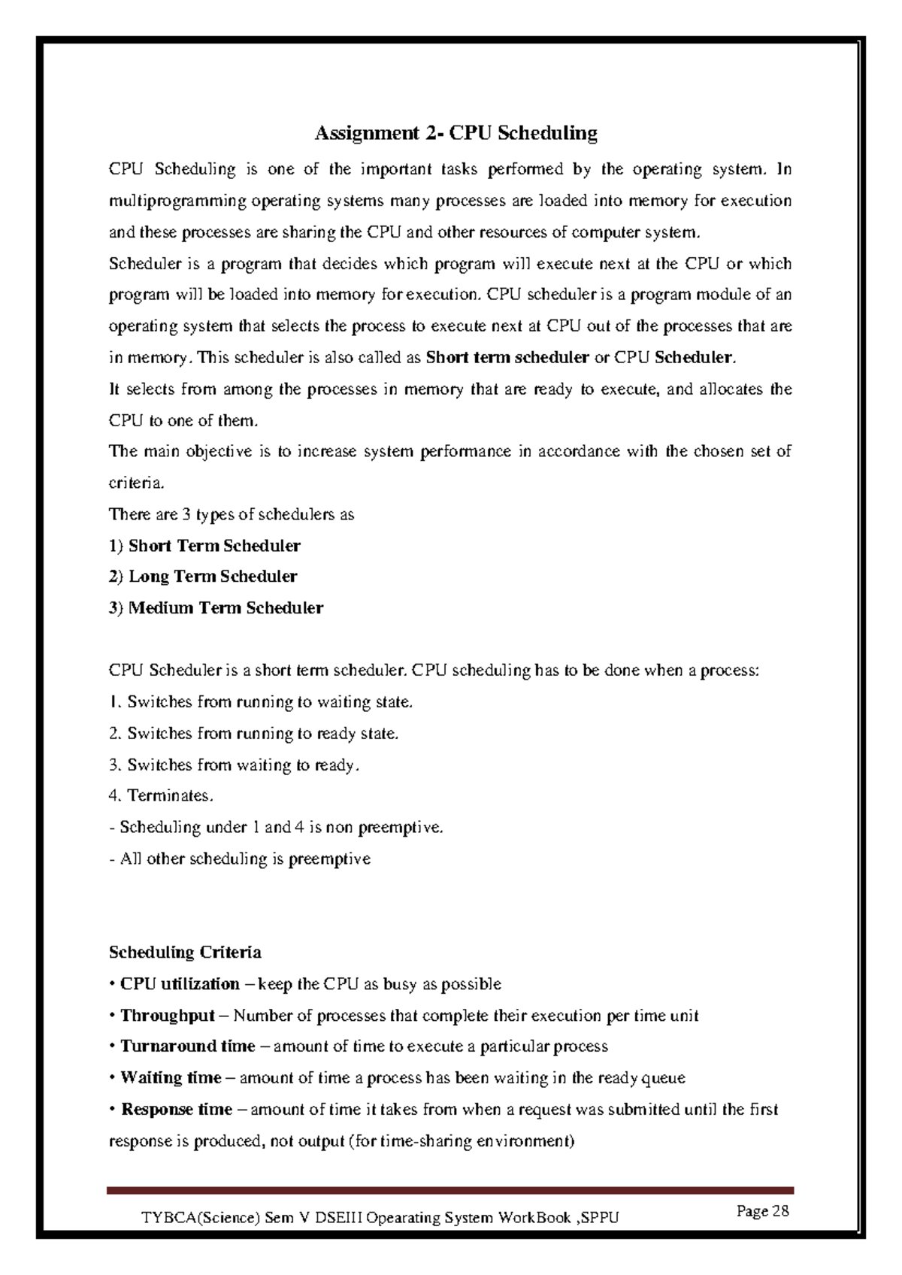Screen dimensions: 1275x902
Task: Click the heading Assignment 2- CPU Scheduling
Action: (x=456, y=134)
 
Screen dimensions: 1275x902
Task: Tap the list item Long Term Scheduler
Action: (x=213, y=577)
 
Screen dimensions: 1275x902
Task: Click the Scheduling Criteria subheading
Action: (x=185, y=952)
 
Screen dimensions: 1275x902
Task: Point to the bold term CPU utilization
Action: (x=180, y=984)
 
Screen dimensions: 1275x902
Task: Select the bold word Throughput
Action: (x=168, y=1016)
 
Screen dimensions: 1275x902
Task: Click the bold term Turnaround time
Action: (x=188, y=1046)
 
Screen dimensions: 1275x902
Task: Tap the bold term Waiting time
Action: (x=171, y=1078)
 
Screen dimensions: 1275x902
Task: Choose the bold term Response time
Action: (x=177, y=1110)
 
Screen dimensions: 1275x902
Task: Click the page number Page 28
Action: (x=762, y=1211)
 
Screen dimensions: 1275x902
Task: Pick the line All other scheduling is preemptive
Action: (x=241, y=859)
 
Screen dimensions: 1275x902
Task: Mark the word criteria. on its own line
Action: (x=136, y=483)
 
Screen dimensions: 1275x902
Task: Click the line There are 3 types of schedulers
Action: (x=232, y=515)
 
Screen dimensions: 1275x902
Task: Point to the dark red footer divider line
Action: (x=451, y=1191)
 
